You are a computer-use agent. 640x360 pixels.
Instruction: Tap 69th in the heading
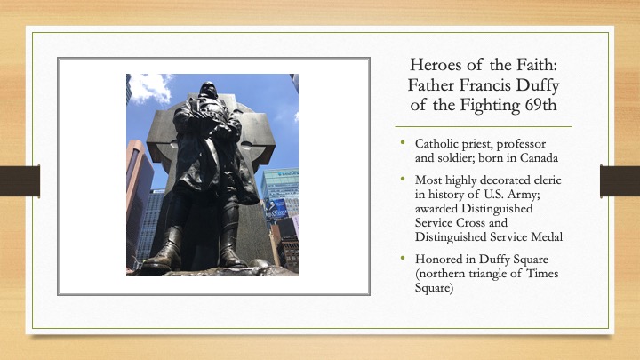(540, 105)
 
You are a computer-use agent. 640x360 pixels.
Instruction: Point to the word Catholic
(435, 144)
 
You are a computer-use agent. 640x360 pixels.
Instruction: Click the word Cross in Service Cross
(470, 222)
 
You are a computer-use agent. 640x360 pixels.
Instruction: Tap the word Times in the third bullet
(542, 273)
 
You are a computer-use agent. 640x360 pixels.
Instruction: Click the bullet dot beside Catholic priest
(403, 142)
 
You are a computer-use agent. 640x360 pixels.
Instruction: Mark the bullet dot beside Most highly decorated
(403, 179)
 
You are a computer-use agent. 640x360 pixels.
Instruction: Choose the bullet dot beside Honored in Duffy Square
(403, 258)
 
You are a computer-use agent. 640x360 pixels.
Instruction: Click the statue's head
(208, 90)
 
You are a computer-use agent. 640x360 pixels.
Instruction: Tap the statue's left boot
(163, 250)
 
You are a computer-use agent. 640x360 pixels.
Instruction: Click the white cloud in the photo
(150, 88)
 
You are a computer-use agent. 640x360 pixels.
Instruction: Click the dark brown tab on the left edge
(20, 180)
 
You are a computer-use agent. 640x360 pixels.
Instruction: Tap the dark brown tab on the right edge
(620, 180)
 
